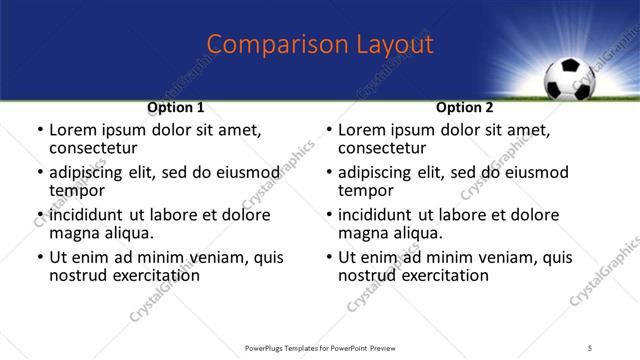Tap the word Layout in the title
(x=392, y=44)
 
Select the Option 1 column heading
(x=176, y=107)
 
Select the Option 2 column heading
(x=465, y=107)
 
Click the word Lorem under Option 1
(x=73, y=130)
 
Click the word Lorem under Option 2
(x=362, y=130)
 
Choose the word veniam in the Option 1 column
(x=216, y=257)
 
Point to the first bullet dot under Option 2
(x=329, y=131)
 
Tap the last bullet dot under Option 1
(x=40, y=258)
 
